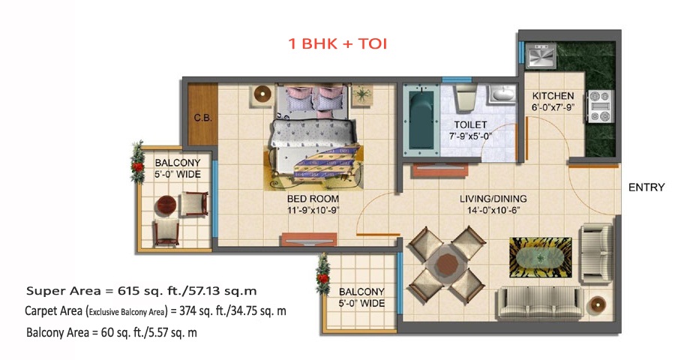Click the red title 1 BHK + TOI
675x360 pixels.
point(338,43)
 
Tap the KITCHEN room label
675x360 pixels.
point(553,95)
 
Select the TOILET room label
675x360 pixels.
point(470,125)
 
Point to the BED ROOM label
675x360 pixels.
point(313,199)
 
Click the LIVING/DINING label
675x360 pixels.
point(493,199)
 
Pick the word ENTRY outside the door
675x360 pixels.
point(646,187)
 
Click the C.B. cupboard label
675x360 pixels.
point(202,118)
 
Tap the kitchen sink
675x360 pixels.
point(541,55)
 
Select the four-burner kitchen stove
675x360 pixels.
point(601,106)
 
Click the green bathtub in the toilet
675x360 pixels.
point(421,120)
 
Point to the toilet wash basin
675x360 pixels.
point(501,94)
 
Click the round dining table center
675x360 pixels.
point(446,263)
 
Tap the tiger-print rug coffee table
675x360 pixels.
point(541,257)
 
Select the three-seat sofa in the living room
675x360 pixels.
point(541,304)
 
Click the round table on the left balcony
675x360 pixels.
point(165,206)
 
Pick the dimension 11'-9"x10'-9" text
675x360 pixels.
point(313,211)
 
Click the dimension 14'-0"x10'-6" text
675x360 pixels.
point(493,211)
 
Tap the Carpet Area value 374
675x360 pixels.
point(187,311)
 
